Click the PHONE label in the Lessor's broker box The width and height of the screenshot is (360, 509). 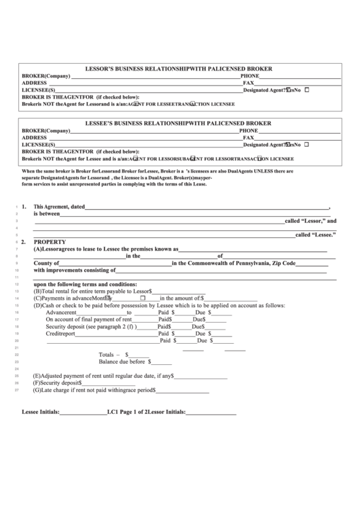tap(249, 75)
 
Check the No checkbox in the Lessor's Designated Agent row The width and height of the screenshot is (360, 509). tap(307, 89)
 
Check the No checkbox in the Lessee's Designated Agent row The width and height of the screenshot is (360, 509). tap(307, 144)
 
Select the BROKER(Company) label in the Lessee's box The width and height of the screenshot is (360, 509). tap(46, 130)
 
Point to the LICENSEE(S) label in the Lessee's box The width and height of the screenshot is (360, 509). tap(38, 144)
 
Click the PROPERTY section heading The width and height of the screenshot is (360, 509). tap(50, 241)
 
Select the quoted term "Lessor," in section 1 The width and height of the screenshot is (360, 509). tap(306, 222)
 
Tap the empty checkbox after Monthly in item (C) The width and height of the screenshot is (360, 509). tap(143, 297)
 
